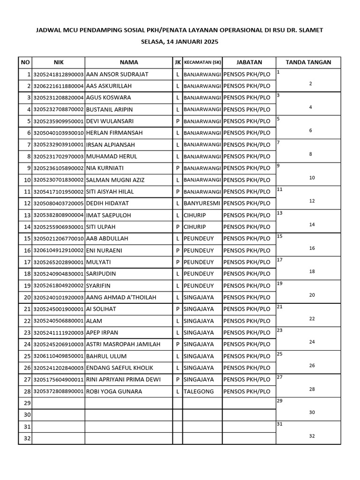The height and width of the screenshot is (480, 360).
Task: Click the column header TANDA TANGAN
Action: point(308,62)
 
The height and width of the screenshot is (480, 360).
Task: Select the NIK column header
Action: point(58,62)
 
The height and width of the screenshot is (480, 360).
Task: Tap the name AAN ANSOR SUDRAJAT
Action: point(117,75)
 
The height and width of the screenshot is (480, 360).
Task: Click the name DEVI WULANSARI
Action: point(110,121)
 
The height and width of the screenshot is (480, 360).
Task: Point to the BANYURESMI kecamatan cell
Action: point(202,203)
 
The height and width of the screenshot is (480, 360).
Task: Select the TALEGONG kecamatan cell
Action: point(199,391)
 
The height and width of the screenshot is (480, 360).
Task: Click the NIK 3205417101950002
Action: point(58,192)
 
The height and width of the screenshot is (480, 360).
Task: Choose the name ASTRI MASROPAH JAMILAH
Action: point(123,345)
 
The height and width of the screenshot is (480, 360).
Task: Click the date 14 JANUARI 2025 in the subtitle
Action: point(194,42)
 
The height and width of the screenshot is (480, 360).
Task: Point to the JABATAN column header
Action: point(249,62)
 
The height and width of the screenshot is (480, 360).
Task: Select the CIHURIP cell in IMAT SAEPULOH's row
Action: point(195,215)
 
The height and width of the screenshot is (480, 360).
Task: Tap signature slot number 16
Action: point(312,248)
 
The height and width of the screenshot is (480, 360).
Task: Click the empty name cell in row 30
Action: point(128,415)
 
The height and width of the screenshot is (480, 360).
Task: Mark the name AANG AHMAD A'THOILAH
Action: point(121,298)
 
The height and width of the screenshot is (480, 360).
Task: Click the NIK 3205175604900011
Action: point(58,380)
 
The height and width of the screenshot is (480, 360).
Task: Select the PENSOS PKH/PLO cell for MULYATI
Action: point(247,262)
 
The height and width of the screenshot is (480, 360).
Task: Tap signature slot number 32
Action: point(312,436)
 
